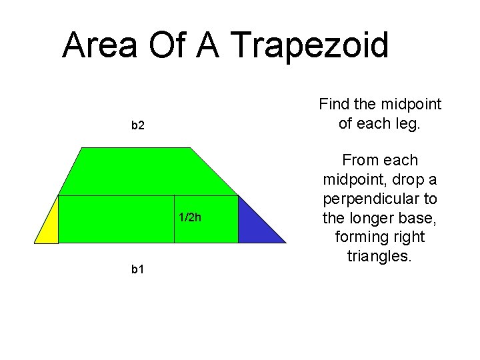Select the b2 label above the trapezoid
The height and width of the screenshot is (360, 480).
(138, 125)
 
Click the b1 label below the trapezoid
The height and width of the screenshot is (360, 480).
(138, 269)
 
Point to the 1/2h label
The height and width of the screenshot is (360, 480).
(190, 217)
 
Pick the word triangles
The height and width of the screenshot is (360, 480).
(379, 256)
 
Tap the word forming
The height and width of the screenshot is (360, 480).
(357, 237)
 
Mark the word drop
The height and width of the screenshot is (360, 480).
(409, 179)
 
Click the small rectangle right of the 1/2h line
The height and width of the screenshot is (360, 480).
(206, 219)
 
